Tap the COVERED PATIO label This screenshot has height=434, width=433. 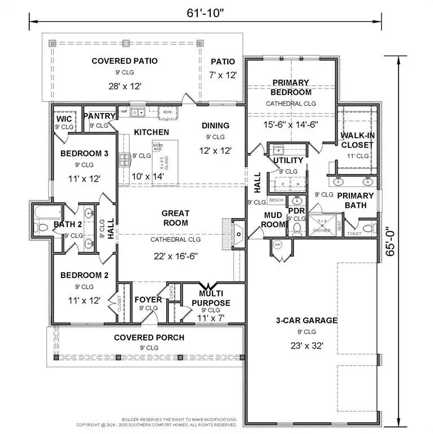[124, 61]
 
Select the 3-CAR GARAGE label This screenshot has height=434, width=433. [306, 320]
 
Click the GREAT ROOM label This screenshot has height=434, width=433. [175, 218]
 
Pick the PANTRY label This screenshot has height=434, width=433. [99, 116]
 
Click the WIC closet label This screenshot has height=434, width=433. [63, 119]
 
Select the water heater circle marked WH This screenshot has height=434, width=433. [278, 245]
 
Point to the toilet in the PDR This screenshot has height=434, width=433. [296, 228]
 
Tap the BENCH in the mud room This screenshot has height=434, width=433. [276, 201]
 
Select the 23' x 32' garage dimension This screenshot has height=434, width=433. [306, 346]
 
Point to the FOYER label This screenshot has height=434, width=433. [148, 300]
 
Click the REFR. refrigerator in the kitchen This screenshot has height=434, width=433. [168, 112]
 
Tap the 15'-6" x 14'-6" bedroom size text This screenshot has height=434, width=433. [291, 125]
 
